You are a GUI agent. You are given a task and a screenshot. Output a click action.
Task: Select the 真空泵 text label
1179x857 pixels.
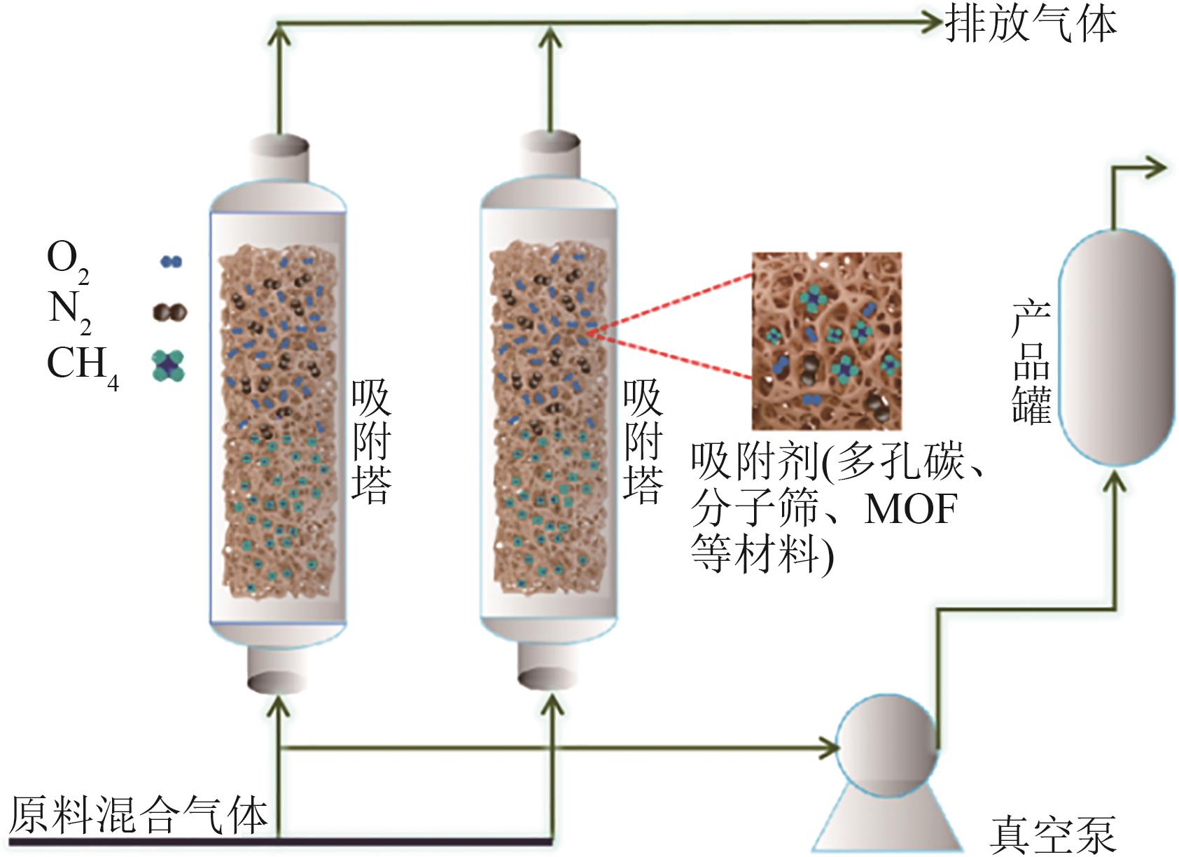click(1052, 834)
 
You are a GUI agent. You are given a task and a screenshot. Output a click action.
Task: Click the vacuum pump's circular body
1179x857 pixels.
click(886, 746)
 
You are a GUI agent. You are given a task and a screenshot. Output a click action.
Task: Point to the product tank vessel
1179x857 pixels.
click(1115, 347)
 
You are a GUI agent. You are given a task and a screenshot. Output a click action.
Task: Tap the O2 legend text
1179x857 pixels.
click(67, 260)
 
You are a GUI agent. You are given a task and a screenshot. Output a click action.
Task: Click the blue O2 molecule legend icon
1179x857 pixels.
click(171, 261)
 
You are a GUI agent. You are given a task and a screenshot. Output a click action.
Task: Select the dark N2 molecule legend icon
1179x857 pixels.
click(170, 312)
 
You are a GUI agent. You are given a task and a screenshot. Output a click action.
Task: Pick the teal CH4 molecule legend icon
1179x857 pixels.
click(169, 365)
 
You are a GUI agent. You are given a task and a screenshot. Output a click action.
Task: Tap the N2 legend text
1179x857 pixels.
click(69, 310)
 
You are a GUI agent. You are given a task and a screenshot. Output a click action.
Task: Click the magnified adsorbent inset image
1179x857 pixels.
click(826, 340)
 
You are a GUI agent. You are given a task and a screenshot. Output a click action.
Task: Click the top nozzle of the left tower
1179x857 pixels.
click(279, 155)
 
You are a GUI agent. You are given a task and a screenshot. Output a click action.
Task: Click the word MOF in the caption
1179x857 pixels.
click(910, 509)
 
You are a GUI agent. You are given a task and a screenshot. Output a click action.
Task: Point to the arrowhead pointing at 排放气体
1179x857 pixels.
click(933, 23)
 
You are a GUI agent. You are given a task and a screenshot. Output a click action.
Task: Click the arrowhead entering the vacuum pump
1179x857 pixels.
click(830, 748)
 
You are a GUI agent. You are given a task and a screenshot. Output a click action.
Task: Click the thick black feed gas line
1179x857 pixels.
click(280, 841)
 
